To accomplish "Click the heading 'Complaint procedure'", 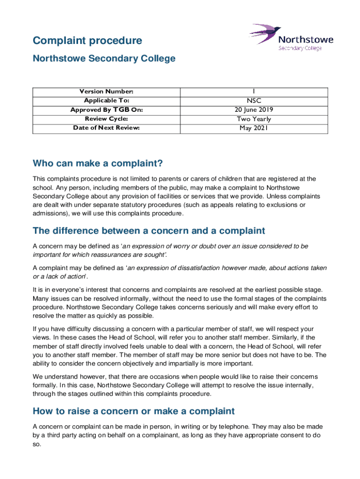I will point(87,41).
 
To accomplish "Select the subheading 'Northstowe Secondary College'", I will point(104,58).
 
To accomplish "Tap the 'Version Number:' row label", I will point(106,91).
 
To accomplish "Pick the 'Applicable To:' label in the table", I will point(106,101).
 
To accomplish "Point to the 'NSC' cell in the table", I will point(255,101).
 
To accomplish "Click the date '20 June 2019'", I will point(255,110).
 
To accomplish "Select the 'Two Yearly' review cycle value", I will point(255,119).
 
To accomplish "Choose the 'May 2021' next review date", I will point(255,128).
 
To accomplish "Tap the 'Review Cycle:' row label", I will point(106,119).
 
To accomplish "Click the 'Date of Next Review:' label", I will point(106,128).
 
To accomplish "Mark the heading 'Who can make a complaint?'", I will point(98,163).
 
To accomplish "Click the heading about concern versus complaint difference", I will point(149,231).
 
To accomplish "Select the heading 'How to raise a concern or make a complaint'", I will point(133,411).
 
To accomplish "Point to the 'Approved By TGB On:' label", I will point(106,110).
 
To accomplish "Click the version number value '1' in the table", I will point(255,91).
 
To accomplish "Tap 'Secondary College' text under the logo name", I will point(300,48).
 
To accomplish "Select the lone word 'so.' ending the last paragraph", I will point(37,444).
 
